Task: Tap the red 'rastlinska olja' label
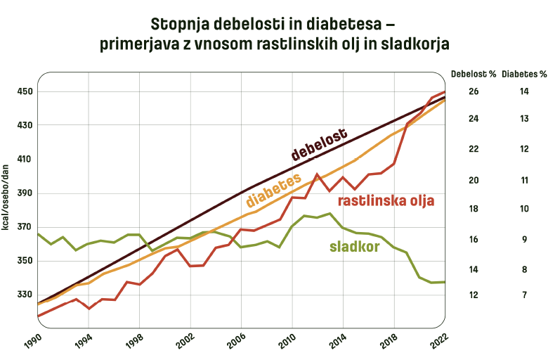[386, 201]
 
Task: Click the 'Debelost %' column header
[474, 73]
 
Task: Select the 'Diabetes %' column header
[524, 73]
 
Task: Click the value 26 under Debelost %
[474, 91]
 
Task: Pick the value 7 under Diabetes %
[524, 295]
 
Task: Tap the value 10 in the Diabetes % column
[524, 209]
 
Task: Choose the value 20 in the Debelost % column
[474, 180]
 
